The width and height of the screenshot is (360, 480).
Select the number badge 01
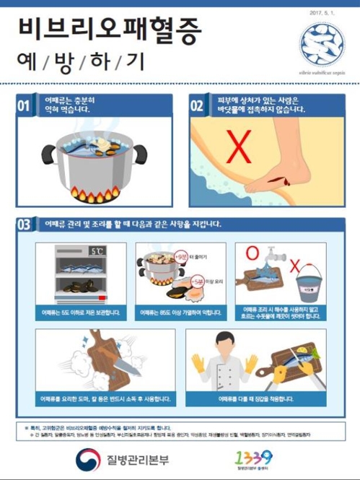click(x=24, y=106)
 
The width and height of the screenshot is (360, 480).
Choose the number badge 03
click(x=24, y=224)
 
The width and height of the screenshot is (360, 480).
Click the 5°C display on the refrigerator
click(x=96, y=252)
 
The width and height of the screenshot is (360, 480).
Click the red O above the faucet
click(x=251, y=254)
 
